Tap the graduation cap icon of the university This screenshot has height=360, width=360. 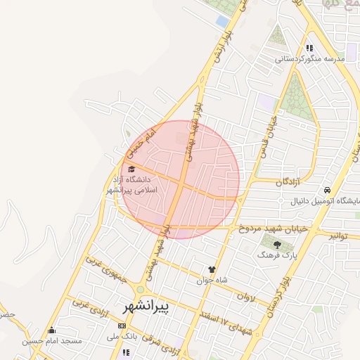131,169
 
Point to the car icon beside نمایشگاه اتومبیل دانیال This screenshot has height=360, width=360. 328,191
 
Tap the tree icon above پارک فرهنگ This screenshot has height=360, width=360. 276,245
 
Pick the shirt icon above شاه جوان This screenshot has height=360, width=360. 211,268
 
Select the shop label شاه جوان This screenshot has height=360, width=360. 213,279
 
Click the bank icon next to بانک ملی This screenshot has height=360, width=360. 122,326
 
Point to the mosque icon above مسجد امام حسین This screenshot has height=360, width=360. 51,330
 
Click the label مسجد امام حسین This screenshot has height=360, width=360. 52,342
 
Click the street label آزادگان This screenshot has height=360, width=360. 288,181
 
